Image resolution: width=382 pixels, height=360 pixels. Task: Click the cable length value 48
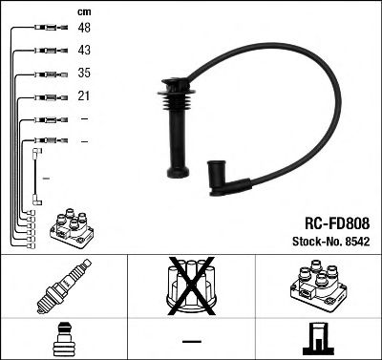pos(85,29)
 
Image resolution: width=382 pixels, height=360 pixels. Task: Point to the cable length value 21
pos(85,96)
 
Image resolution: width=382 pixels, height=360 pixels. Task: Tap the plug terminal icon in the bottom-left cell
pos(63,337)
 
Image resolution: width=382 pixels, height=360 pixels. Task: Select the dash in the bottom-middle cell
pos(191,340)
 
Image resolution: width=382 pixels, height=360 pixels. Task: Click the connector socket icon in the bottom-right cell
pos(317,337)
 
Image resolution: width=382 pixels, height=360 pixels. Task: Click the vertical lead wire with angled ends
pos(36,175)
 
